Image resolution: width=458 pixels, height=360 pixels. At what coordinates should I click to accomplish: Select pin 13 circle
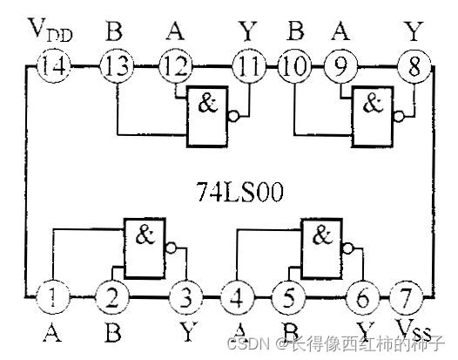tap(114, 65)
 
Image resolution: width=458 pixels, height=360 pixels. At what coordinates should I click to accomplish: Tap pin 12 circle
tap(174, 65)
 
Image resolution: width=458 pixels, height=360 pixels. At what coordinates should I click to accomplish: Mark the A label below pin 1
tap(52, 330)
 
